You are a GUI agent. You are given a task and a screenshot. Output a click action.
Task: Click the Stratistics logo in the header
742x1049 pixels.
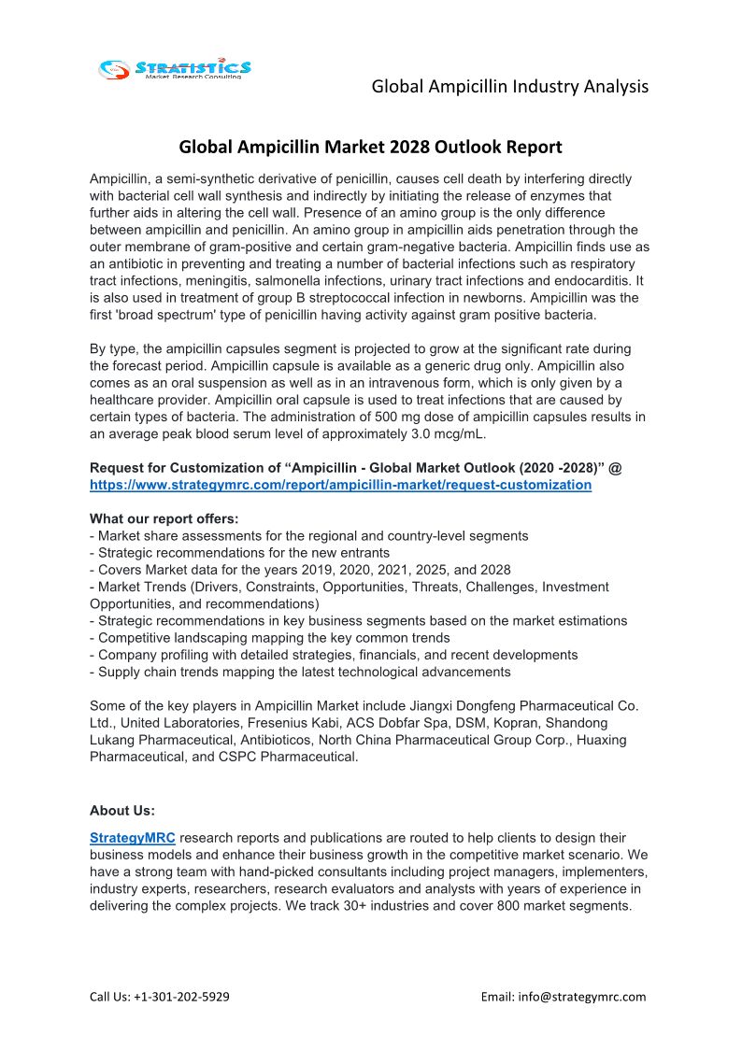176,68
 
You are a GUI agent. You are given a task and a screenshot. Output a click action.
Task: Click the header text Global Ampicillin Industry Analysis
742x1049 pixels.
509,87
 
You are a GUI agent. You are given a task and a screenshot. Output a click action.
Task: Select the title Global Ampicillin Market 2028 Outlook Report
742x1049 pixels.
370,147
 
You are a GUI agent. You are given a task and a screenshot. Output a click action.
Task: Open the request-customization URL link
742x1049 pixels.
340,485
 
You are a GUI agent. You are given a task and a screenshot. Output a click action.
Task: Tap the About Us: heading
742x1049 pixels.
121,810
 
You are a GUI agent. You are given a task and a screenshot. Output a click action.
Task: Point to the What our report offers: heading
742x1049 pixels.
164,518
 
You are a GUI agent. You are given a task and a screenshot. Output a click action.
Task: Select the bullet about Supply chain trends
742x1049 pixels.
300,672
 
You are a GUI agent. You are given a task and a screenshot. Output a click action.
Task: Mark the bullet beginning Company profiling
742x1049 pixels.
334,655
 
